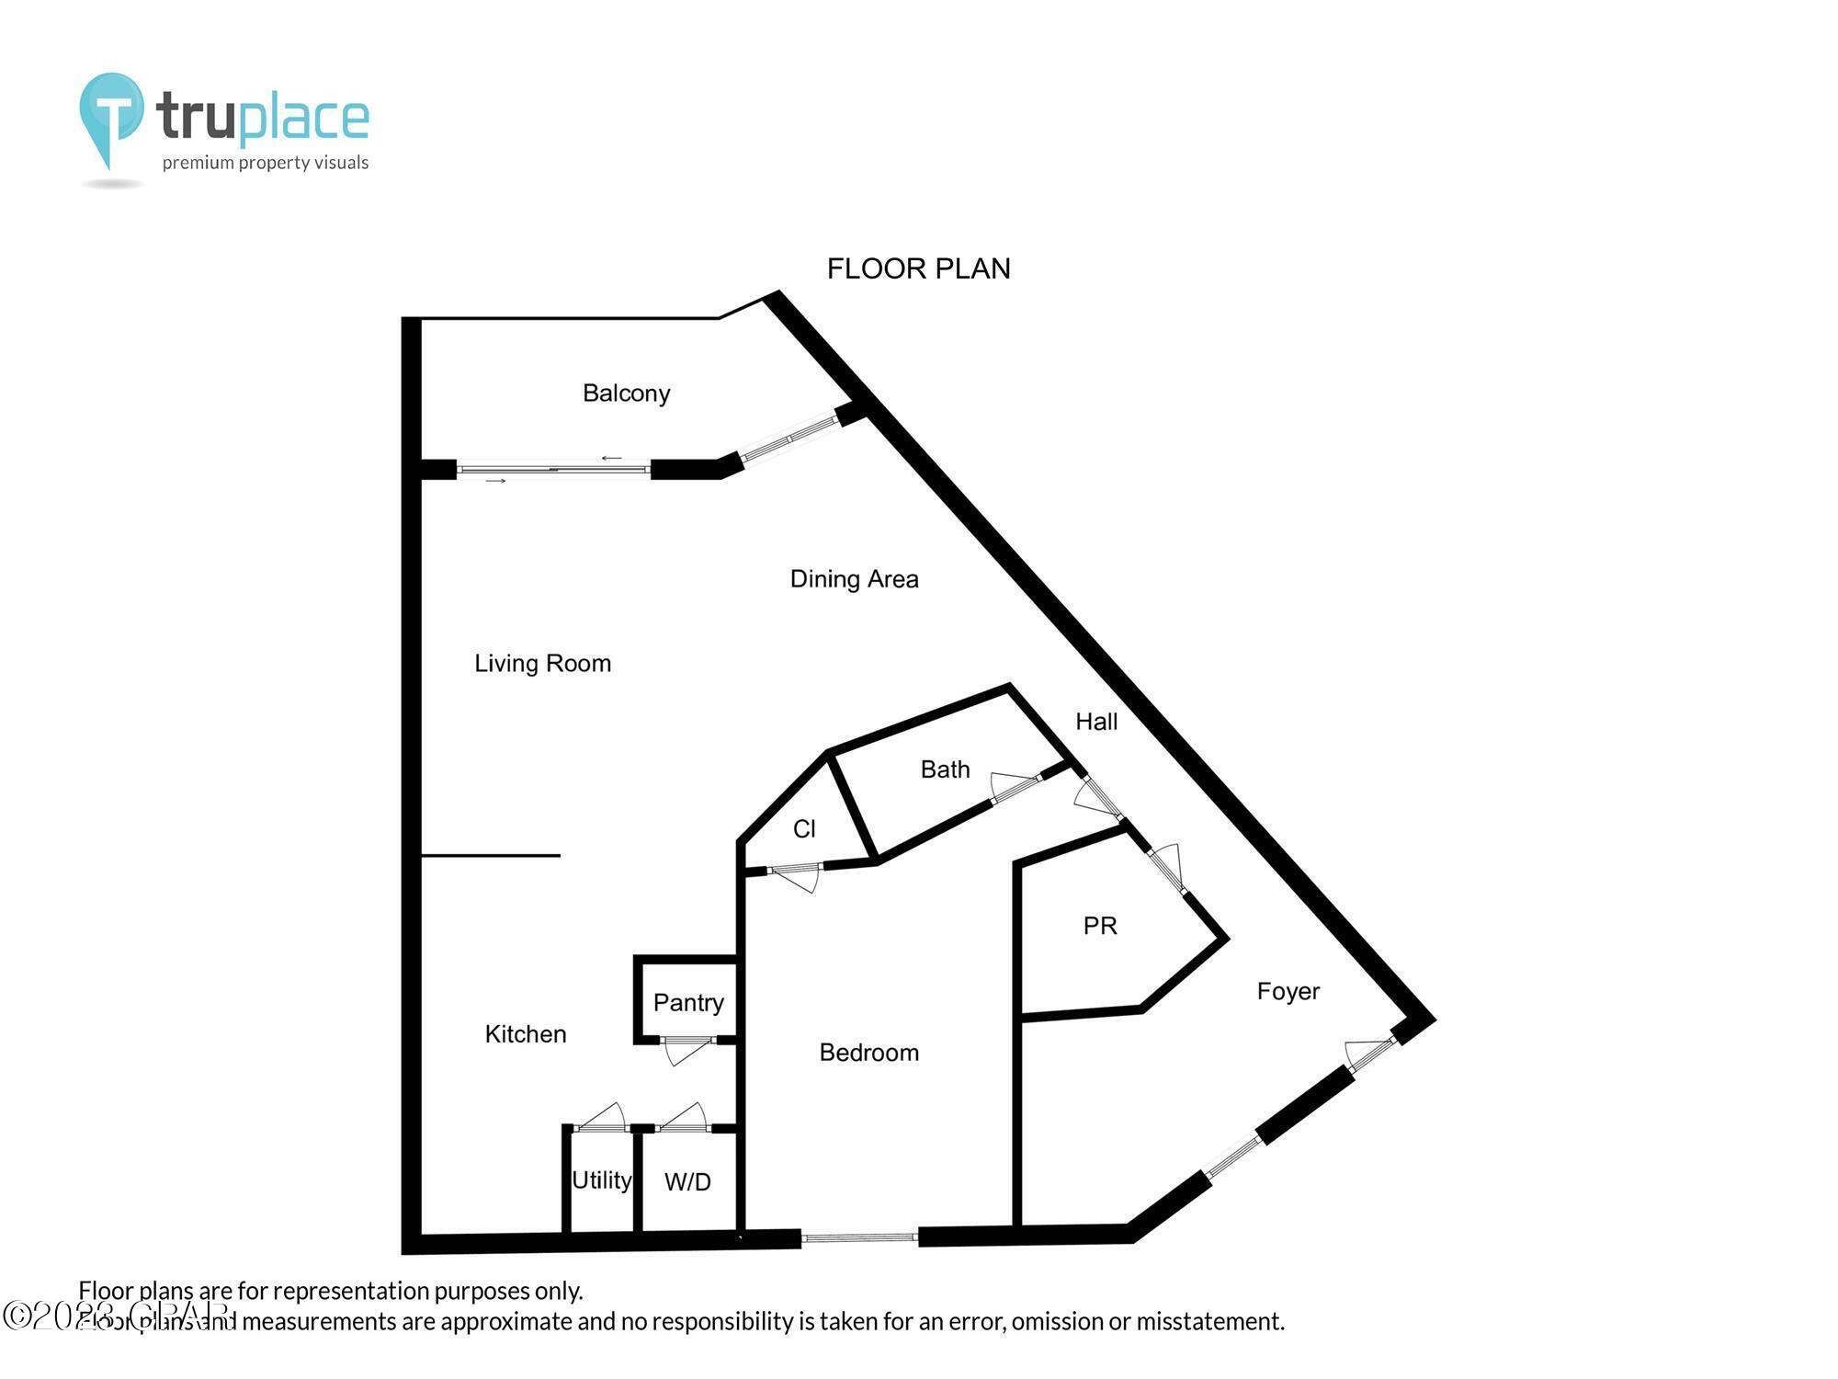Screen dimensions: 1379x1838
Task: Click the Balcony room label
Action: (x=626, y=393)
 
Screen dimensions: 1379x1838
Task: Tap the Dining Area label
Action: (x=854, y=579)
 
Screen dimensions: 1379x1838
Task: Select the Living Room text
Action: (x=542, y=663)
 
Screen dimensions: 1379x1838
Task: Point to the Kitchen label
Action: (x=525, y=1034)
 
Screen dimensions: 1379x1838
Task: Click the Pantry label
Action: (x=688, y=1002)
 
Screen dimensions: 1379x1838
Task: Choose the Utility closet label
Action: (x=601, y=1180)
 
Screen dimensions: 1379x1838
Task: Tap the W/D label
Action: (x=687, y=1182)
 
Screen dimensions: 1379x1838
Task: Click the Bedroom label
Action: (x=868, y=1053)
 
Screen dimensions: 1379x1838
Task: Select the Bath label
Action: (x=945, y=769)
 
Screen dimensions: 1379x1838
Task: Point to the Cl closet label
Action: (x=804, y=829)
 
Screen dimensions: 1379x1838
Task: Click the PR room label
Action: (x=1100, y=926)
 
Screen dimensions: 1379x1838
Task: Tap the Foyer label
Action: (x=1288, y=991)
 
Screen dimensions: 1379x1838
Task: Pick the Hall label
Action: (x=1096, y=722)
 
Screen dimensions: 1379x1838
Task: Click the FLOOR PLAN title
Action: (x=918, y=268)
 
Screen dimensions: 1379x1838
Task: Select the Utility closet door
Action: (x=601, y=1118)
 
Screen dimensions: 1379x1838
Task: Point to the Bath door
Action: (x=1015, y=787)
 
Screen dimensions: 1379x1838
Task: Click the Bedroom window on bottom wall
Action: (x=859, y=1238)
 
